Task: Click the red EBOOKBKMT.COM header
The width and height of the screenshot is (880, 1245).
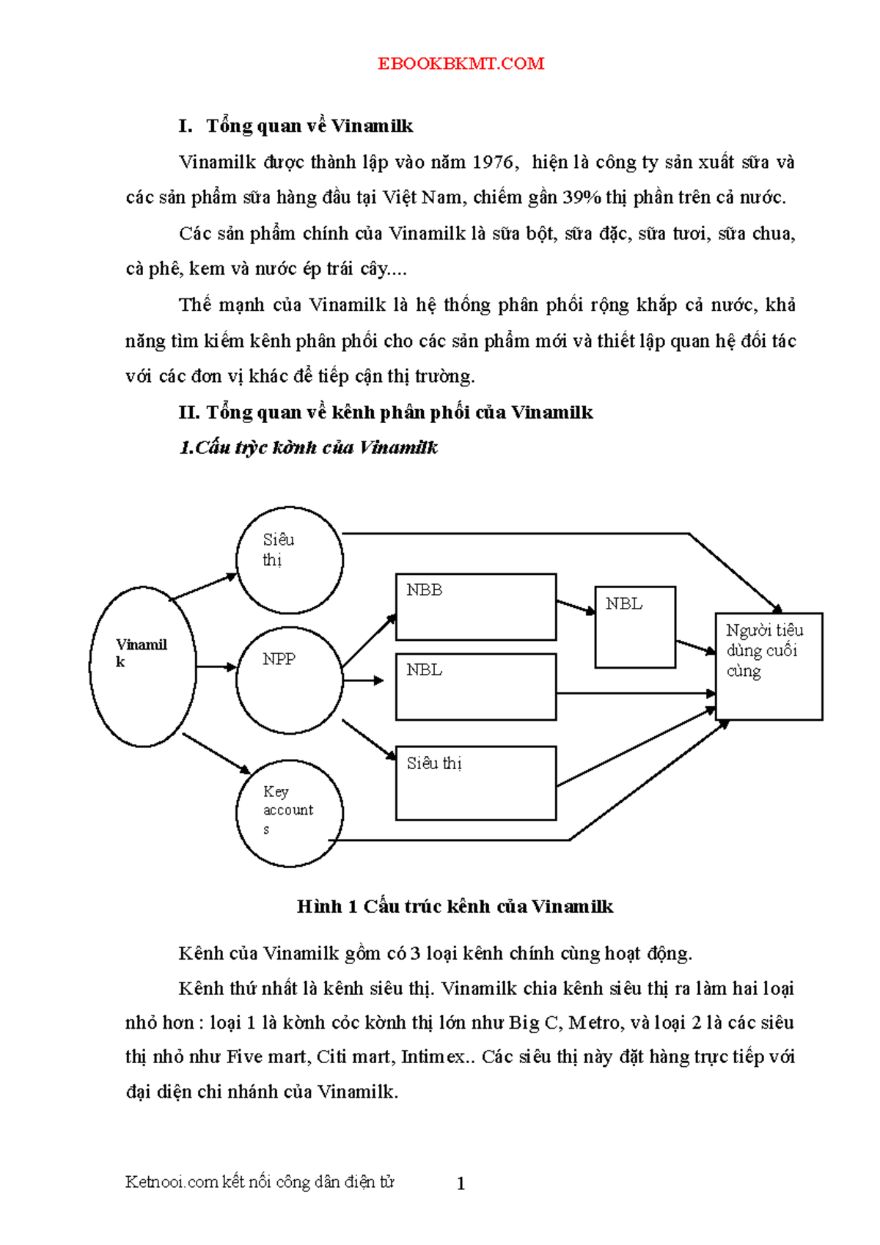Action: (x=461, y=63)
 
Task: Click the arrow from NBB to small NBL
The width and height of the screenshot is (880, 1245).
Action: (x=576, y=607)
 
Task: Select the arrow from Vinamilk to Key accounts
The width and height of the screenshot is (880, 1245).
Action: (x=216, y=754)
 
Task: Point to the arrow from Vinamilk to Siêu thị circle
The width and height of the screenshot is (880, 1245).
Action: (x=203, y=587)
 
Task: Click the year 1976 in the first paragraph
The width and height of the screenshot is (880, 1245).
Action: (x=494, y=162)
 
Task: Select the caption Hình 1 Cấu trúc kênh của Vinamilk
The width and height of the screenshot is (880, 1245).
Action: (x=455, y=906)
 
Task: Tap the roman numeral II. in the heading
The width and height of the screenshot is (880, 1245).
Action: (x=189, y=412)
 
